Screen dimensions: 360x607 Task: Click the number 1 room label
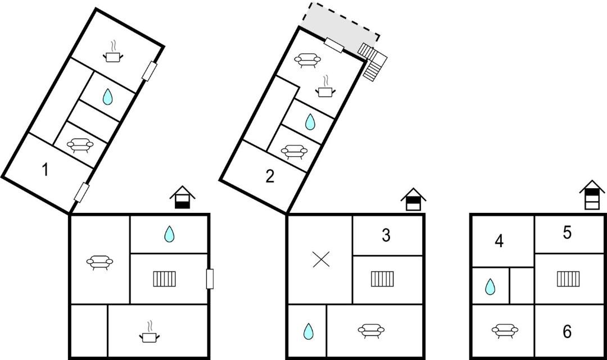coord(45,169)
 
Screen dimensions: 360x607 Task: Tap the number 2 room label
coord(270,177)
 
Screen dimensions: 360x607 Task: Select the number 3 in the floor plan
coord(386,235)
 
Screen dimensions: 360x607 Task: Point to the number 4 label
coord(499,241)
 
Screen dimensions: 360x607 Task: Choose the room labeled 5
coord(567,233)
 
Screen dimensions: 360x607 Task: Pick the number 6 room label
coord(567,332)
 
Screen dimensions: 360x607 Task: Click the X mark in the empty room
coord(321,259)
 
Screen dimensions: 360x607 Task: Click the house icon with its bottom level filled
coord(182,198)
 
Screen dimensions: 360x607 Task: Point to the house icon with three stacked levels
coord(592,195)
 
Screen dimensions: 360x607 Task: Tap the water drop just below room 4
coord(490,287)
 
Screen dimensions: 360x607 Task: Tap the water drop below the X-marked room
coord(308,331)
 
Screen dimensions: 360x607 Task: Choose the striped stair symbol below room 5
coord(568,279)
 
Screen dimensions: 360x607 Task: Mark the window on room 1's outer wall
coord(81,192)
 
